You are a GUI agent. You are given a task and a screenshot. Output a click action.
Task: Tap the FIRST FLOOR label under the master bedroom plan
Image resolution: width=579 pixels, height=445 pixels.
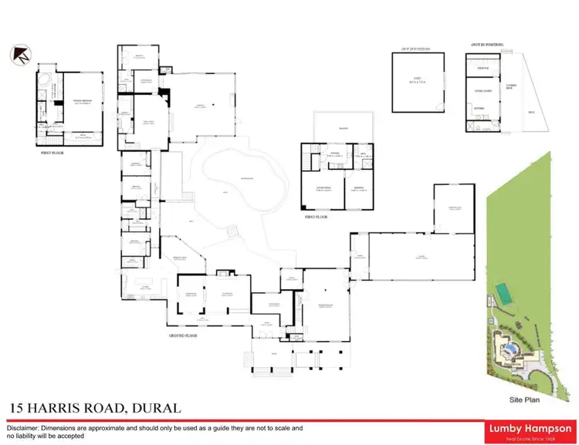click(x=57, y=153)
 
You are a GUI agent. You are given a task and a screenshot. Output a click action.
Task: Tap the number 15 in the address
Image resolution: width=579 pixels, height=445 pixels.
click(x=17, y=407)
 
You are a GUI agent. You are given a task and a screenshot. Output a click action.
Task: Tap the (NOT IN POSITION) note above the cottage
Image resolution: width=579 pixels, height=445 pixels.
click(x=486, y=46)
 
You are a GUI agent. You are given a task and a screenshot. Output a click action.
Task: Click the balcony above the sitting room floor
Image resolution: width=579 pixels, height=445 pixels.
click(x=344, y=127)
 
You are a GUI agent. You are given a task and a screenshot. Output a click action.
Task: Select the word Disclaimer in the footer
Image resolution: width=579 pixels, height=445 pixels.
click(x=27, y=427)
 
